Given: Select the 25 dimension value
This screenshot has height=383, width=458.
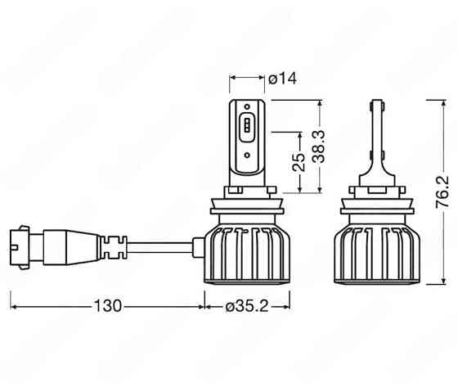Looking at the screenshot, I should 299,161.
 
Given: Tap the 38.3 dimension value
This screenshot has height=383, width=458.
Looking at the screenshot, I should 321,147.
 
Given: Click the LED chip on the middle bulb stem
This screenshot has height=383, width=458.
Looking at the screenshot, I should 248,127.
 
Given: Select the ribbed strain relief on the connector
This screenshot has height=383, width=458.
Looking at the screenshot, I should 111,243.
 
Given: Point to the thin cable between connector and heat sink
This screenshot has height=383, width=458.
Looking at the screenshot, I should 159,243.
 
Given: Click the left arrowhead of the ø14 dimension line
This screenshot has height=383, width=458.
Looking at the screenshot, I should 232,79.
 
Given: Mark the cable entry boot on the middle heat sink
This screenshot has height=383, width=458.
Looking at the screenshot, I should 197,243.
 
